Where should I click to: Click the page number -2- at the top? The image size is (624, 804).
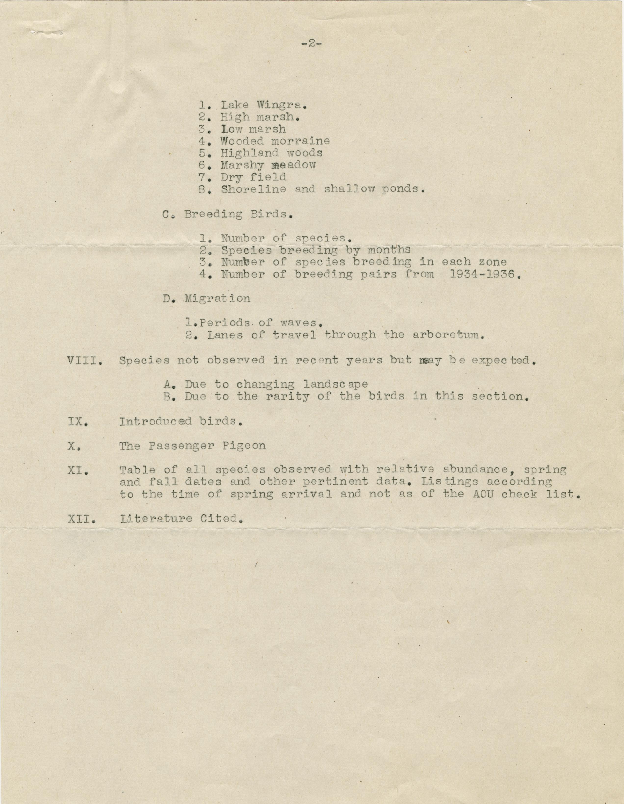point(311,44)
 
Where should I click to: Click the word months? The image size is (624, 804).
point(389,250)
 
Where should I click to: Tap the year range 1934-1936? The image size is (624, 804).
point(482,274)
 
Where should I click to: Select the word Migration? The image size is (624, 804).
point(217,298)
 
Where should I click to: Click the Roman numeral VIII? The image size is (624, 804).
point(84,360)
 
